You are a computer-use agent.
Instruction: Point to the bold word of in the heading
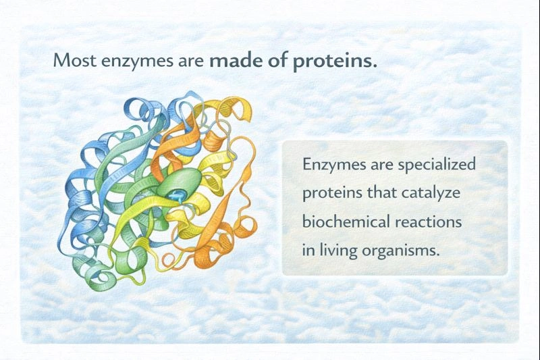point(273,59)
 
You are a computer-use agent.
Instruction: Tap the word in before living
point(308,249)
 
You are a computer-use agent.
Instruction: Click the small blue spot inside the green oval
point(178,195)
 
